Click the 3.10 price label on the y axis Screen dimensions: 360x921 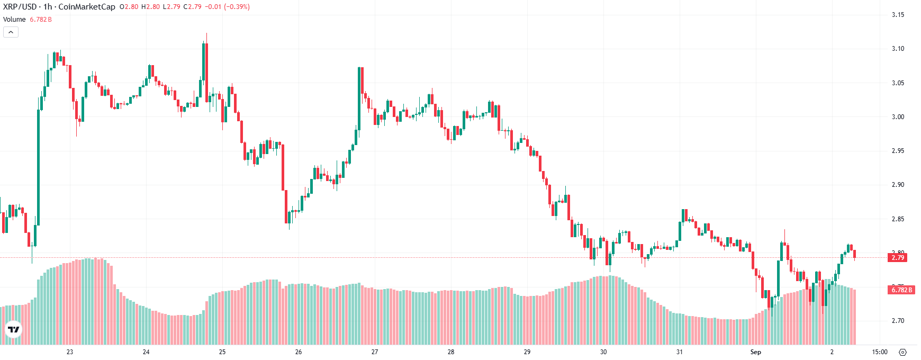click(898, 49)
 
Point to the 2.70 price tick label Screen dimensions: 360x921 click(898, 321)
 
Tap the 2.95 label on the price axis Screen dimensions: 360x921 click(898, 151)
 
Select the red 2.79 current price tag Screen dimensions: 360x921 click(898, 258)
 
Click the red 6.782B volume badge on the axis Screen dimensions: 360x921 click(901, 290)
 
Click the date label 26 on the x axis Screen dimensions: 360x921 click(299, 352)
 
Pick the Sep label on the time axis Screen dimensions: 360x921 click(755, 352)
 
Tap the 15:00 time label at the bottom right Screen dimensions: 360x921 click(879, 352)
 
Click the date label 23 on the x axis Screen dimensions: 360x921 click(70, 352)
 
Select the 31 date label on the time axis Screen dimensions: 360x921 click(679, 352)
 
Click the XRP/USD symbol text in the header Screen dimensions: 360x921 click(20, 7)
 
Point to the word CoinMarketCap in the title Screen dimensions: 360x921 click(86, 7)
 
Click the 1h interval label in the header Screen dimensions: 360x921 click(48, 7)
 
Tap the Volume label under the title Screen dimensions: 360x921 click(14, 20)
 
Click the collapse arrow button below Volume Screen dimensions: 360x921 click(11, 32)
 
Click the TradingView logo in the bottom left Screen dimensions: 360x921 click(13, 330)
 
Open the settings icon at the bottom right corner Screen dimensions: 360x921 click(903, 352)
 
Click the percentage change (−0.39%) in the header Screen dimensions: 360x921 click(236, 7)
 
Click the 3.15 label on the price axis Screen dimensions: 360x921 click(898, 15)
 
